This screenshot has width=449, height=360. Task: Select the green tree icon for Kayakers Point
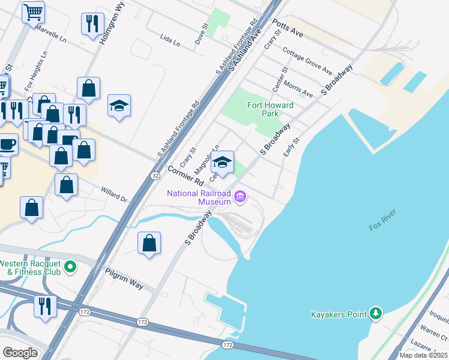click(x=376, y=313)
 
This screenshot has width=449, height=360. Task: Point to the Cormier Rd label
click(x=186, y=175)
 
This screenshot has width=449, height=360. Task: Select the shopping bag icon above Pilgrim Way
click(x=149, y=243)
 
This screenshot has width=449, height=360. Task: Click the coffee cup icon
click(x=7, y=144)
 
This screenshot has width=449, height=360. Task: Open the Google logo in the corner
click(x=20, y=353)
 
